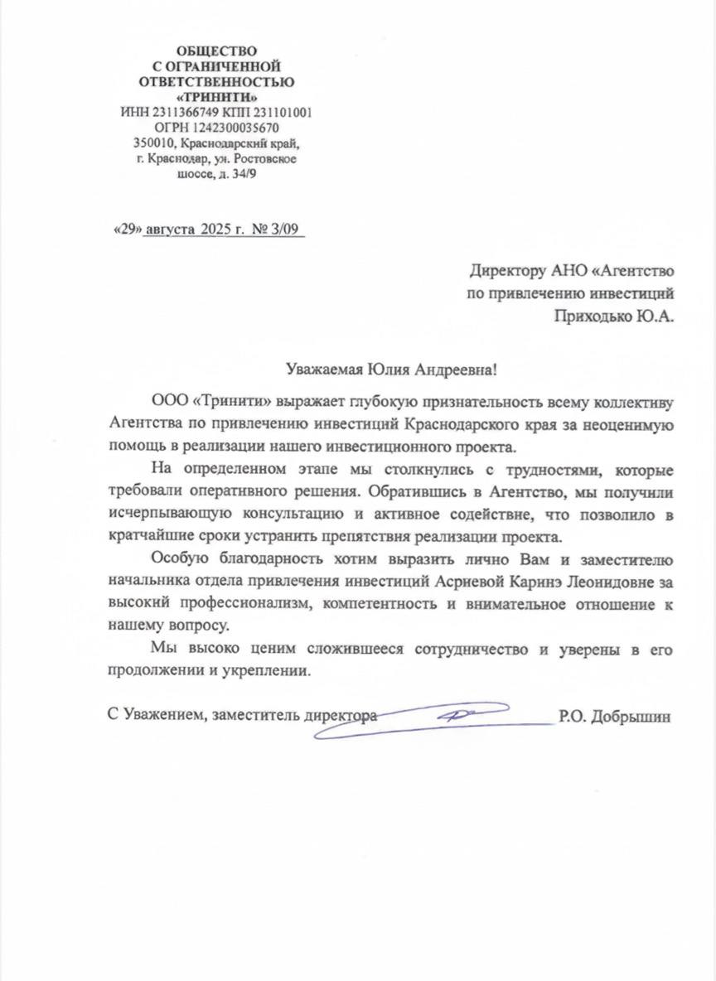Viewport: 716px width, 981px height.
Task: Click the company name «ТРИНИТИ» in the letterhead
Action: pos(216,97)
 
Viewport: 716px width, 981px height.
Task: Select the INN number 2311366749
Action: pos(180,113)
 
